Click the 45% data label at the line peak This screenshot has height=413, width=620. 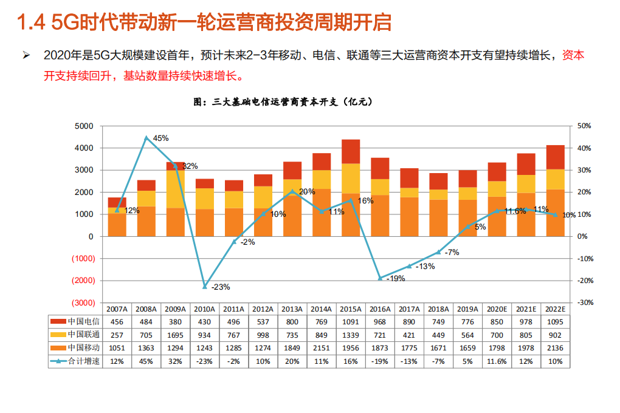(160, 138)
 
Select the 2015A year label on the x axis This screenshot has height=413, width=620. (351, 309)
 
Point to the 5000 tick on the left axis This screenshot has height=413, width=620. (84, 126)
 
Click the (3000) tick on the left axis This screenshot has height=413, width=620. (83, 302)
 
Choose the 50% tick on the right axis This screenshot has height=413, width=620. (584, 126)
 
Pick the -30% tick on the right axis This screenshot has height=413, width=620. (584, 302)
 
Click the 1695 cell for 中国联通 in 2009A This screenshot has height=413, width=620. (175, 335)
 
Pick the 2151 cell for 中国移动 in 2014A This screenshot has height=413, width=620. (322, 348)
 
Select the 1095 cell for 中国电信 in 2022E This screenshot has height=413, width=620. (556, 321)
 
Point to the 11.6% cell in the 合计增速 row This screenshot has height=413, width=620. (497, 361)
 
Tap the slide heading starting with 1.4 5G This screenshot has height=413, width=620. (204, 22)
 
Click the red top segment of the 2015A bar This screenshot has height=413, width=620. (351, 151)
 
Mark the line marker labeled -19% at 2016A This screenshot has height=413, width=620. (380, 278)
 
